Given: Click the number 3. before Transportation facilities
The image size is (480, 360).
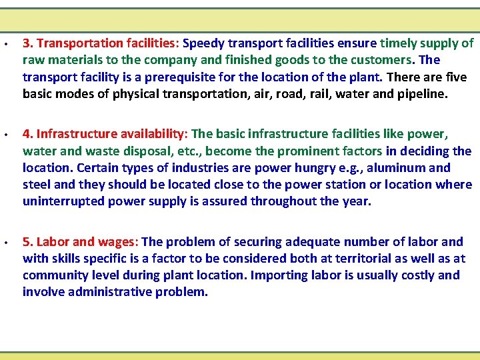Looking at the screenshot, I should tap(28, 44).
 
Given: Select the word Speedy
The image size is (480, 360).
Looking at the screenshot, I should tap(203, 44).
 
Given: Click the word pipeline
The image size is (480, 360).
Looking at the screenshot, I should tap(422, 94).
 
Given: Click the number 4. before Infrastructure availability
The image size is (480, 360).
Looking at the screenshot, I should tap(28, 135).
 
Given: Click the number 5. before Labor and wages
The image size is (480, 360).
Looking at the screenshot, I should tap(28, 242).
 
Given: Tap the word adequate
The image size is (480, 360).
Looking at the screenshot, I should tap(315, 242).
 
